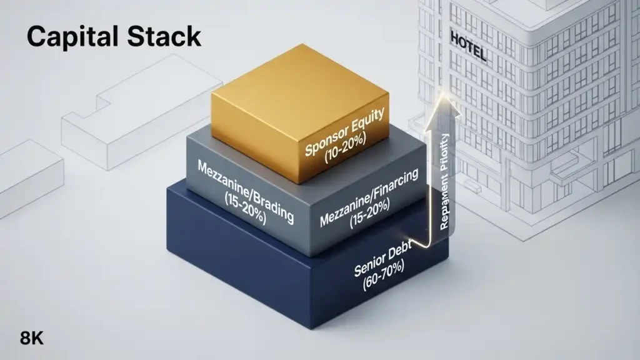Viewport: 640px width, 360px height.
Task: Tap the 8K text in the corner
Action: [x=32, y=339]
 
